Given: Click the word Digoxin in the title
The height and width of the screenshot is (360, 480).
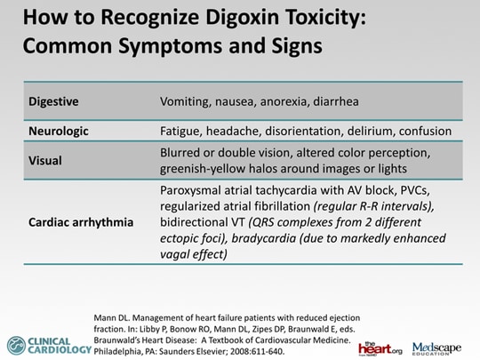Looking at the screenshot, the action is click(242, 18).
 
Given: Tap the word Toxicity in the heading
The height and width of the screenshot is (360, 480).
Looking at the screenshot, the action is click(325, 18).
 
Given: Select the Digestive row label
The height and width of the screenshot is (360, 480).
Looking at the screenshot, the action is click(53, 101).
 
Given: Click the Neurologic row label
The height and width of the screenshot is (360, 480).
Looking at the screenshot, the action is click(59, 132).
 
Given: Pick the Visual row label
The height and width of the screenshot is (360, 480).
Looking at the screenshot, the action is click(45, 161).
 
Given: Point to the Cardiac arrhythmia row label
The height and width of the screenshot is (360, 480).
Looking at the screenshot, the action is click(81, 222).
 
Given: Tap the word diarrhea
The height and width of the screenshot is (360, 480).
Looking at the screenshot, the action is click(336, 101).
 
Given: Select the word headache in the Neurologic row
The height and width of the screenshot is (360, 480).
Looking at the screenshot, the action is click(233, 132).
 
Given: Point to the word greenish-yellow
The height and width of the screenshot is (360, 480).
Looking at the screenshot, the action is click(202, 169).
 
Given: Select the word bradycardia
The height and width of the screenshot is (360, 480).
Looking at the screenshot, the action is click(264, 238).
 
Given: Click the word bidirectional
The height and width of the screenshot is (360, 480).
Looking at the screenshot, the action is click(192, 222).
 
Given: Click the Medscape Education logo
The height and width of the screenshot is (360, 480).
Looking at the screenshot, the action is click(436, 348).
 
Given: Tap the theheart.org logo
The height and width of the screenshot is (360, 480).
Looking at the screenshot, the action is click(380, 348).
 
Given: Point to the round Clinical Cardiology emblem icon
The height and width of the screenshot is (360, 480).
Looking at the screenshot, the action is click(16, 346).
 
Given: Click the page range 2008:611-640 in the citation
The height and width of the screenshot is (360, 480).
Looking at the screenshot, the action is click(257, 352).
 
